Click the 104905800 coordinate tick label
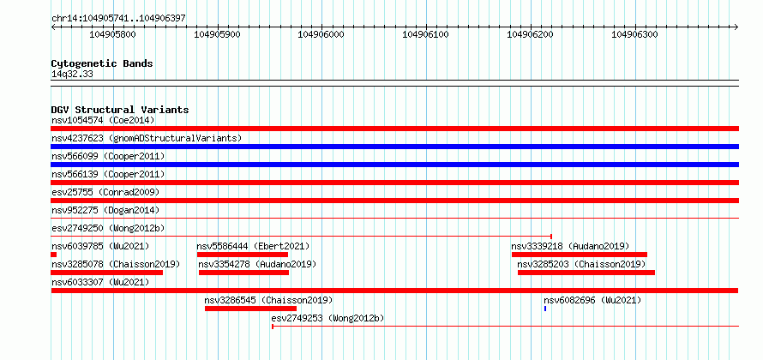pyautogui.click(x=113, y=34)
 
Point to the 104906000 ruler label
pyautogui.click(x=321, y=34)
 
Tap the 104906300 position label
pyautogui.click(x=634, y=34)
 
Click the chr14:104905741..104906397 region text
pyautogui.click(x=118, y=19)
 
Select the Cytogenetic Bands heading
pyautogui.click(x=102, y=63)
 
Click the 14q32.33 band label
pyautogui.click(x=72, y=75)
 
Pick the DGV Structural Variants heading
pyautogui.click(x=120, y=110)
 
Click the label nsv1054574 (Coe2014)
pyautogui.click(x=103, y=120)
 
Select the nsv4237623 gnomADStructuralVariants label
pyautogui.click(x=147, y=138)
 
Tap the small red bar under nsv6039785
pyautogui.click(x=53, y=255)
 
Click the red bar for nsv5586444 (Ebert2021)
pyautogui.click(x=243, y=255)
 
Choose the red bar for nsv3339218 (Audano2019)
pyautogui.click(x=580, y=255)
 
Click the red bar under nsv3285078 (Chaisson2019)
pyautogui.click(x=106, y=273)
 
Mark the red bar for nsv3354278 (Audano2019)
pyautogui.click(x=243, y=273)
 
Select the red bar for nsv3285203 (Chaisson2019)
pyautogui.click(x=586, y=273)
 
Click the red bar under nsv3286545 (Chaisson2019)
pyautogui.click(x=250, y=309)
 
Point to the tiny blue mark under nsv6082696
pyautogui.click(x=545, y=309)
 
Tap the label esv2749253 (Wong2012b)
pyautogui.click(x=327, y=319)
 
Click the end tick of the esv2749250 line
pyautogui.click(x=551, y=237)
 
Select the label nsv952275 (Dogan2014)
pyautogui.click(x=105, y=210)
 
